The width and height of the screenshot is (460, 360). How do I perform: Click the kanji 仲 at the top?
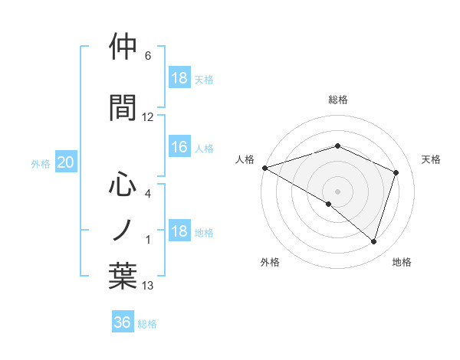click(123, 47)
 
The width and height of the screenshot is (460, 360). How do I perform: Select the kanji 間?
click(123, 106)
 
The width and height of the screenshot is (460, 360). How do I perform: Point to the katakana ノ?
click(123, 229)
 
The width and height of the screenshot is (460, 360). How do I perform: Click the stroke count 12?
click(148, 117)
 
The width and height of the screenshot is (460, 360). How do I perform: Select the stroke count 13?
click(148, 286)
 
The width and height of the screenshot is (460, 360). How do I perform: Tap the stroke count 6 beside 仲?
click(148, 56)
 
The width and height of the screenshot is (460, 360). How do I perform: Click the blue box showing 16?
click(179, 147)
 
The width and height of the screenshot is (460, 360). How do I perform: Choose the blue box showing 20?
click(66, 162)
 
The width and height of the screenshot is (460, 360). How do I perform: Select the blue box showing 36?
click(123, 322)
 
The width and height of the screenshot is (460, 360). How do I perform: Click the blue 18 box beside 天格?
click(179, 78)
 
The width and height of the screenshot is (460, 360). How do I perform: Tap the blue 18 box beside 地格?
click(179, 232)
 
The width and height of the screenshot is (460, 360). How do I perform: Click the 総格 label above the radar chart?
click(337, 100)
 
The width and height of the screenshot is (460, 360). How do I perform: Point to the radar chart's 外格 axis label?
click(270, 262)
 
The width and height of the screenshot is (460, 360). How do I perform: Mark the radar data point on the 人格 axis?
click(264, 168)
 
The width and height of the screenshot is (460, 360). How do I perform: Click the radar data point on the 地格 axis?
click(373, 242)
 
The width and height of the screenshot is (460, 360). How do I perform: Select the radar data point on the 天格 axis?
click(396, 172)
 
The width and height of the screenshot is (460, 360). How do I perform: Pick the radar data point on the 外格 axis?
click(329, 204)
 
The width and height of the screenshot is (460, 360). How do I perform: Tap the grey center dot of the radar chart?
click(337, 191)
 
